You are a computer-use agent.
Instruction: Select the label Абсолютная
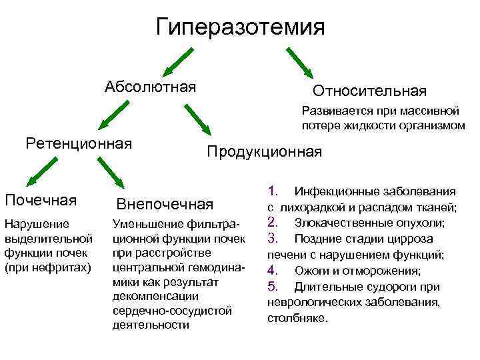click(x=150, y=87)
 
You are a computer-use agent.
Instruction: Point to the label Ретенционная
click(x=78, y=143)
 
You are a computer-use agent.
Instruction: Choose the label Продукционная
click(x=264, y=152)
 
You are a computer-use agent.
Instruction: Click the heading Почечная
click(x=40, y=200)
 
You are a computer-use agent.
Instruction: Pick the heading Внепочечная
click(x=165, y=203)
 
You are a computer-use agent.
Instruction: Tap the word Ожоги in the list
click(x=311, y=271)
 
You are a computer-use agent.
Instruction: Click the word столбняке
click(x=297, y=318)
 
